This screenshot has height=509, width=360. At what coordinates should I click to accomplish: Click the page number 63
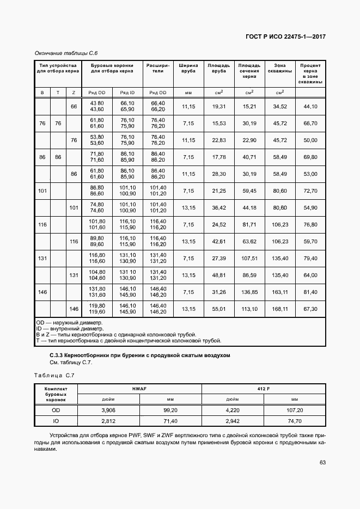[x=322, y=463]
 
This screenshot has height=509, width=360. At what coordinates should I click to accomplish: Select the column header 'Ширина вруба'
[x=188, y=68]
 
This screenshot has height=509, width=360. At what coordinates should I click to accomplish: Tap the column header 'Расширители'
[x=158, y=68]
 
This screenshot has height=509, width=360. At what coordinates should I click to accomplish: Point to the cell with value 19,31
[x=218, y=107]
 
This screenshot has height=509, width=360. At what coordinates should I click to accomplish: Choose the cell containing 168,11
[x=280, y=309]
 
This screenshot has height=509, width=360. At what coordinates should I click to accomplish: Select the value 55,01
[x=218, y=309]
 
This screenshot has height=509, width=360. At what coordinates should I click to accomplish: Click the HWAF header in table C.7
[x=139, y=389]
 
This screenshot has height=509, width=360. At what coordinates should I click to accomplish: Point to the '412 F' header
[x=264, y=389]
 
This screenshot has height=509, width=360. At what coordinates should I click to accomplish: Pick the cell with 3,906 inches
[x=109, y=409]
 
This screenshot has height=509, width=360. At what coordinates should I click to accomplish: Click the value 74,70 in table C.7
[x=295, y=421]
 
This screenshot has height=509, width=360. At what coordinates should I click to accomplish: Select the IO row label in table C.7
[x=56, y=421]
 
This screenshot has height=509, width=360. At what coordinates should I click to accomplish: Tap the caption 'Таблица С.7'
[x=54, y=375]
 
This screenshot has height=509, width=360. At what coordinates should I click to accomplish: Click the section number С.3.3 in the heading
[x=59, y=355]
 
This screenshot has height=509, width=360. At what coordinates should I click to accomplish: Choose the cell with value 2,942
[x=233, y=421]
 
